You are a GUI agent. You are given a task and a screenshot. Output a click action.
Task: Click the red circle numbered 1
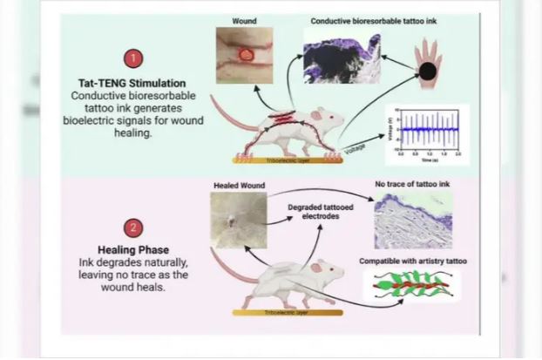pos(133,59)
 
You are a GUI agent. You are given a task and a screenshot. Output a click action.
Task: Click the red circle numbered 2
pos(133,228)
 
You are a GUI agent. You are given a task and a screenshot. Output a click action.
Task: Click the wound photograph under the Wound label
pos(244,55)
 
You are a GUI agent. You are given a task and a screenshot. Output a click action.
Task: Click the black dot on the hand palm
pos(428,71)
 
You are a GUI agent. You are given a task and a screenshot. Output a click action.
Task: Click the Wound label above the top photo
pos(244,20)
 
